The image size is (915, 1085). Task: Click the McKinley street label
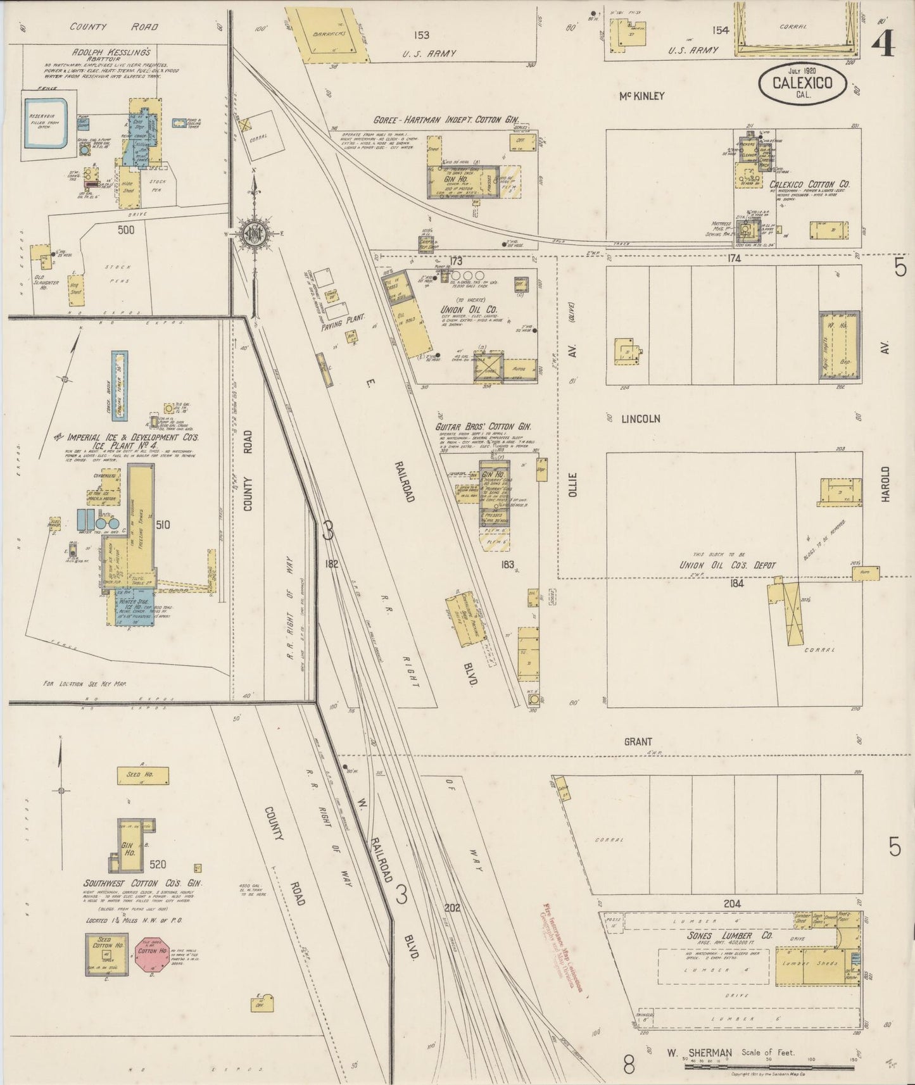(x=642, y=96)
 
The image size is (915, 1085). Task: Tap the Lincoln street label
(x=640, y=419)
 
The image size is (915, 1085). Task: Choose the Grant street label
(x=638, y=741)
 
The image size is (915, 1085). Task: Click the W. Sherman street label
(x=693, y=1053)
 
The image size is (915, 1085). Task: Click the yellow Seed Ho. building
(x=143, y=774)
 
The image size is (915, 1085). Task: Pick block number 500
(x=125, y=230)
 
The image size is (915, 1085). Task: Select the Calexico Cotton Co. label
(x=809, y=184)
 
